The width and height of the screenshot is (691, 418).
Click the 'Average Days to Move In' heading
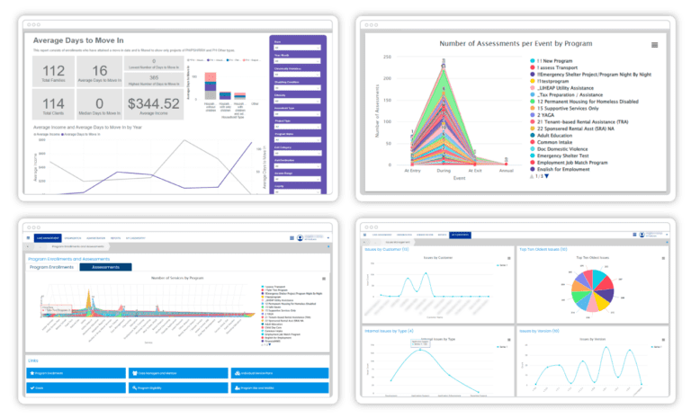[x=91, y=40]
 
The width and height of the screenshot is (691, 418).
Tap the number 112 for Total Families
[x=53, y=72]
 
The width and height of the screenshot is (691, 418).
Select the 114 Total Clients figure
[x=53, y=107]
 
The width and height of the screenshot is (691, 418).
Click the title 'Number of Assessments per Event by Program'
[x=516, y=43]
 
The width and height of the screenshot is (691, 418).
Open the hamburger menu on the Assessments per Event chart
[x=654, y=44]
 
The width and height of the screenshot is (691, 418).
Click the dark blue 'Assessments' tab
[x=105, y=267]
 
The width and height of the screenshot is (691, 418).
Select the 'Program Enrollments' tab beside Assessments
[x=52, y=267]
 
